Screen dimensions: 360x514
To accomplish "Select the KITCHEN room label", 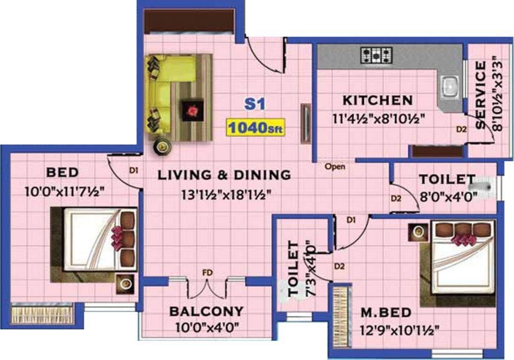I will point(377,100).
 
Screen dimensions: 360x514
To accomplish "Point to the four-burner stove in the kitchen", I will point(376,55).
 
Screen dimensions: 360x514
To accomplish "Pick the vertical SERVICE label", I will point(481,96).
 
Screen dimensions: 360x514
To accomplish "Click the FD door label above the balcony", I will point(207,271).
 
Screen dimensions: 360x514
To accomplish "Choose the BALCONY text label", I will point(206,311).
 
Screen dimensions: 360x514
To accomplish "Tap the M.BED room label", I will point(386,312).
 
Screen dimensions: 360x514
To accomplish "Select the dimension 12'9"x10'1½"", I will point(399,330).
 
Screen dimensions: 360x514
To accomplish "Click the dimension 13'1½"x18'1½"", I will point(225,194).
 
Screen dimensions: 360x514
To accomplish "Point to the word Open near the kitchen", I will point(336,166).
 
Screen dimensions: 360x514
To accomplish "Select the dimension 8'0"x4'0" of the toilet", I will point(448,195).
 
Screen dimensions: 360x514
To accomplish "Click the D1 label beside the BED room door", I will point(133,172).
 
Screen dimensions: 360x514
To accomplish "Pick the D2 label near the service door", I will point(461,129).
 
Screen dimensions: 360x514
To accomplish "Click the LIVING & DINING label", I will point(224,175).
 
